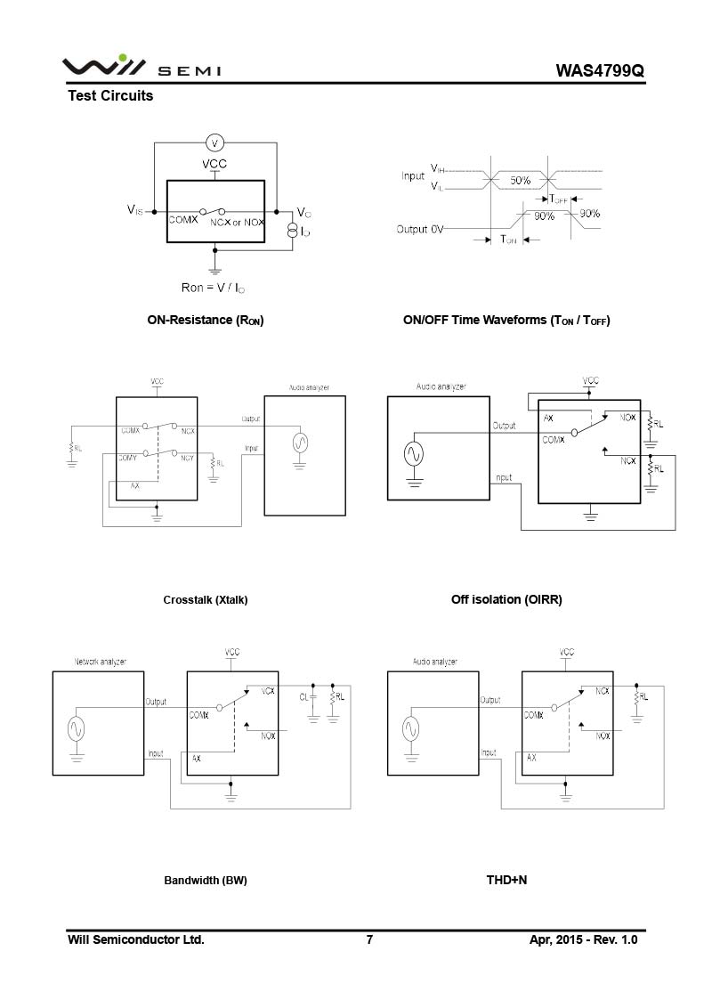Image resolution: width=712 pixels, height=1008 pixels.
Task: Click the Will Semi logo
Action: coord(141,67)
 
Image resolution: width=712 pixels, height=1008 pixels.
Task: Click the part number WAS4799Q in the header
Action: coord(599,70)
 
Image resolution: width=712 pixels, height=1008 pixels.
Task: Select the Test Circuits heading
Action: coord(110,95)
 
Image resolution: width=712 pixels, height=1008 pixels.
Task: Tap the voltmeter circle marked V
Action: coord(214,142)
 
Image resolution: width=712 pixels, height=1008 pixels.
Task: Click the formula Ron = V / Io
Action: coord(214,288)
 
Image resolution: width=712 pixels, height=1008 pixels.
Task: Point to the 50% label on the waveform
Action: coord(521,181)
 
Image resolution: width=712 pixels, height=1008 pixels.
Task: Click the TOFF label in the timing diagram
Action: coord(558,199)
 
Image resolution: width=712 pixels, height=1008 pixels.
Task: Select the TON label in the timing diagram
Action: coord(508,239)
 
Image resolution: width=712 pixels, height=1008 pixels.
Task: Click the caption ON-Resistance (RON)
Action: coord(206,320)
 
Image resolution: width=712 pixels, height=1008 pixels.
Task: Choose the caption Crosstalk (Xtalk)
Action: coord(206,600)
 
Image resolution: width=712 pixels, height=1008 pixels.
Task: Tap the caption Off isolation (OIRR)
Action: coord(506,599)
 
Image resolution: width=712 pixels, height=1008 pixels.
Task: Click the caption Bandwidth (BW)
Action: coord(206,881)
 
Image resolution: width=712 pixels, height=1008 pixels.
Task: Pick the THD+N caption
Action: coord(506,880)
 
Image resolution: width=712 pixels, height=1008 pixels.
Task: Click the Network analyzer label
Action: coord(100,662)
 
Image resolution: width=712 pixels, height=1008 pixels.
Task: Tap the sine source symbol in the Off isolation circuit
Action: coord(413,454)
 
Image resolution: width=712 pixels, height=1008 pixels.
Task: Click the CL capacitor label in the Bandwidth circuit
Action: coord(303,696)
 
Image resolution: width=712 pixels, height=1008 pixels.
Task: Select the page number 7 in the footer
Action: coord(369,939)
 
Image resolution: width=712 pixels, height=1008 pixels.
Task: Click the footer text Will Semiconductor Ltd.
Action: coord(136,939)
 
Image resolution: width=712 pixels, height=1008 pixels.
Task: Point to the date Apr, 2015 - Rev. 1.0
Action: coord(578,939)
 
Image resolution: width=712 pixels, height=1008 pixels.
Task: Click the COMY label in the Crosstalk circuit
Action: coord(127,456)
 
